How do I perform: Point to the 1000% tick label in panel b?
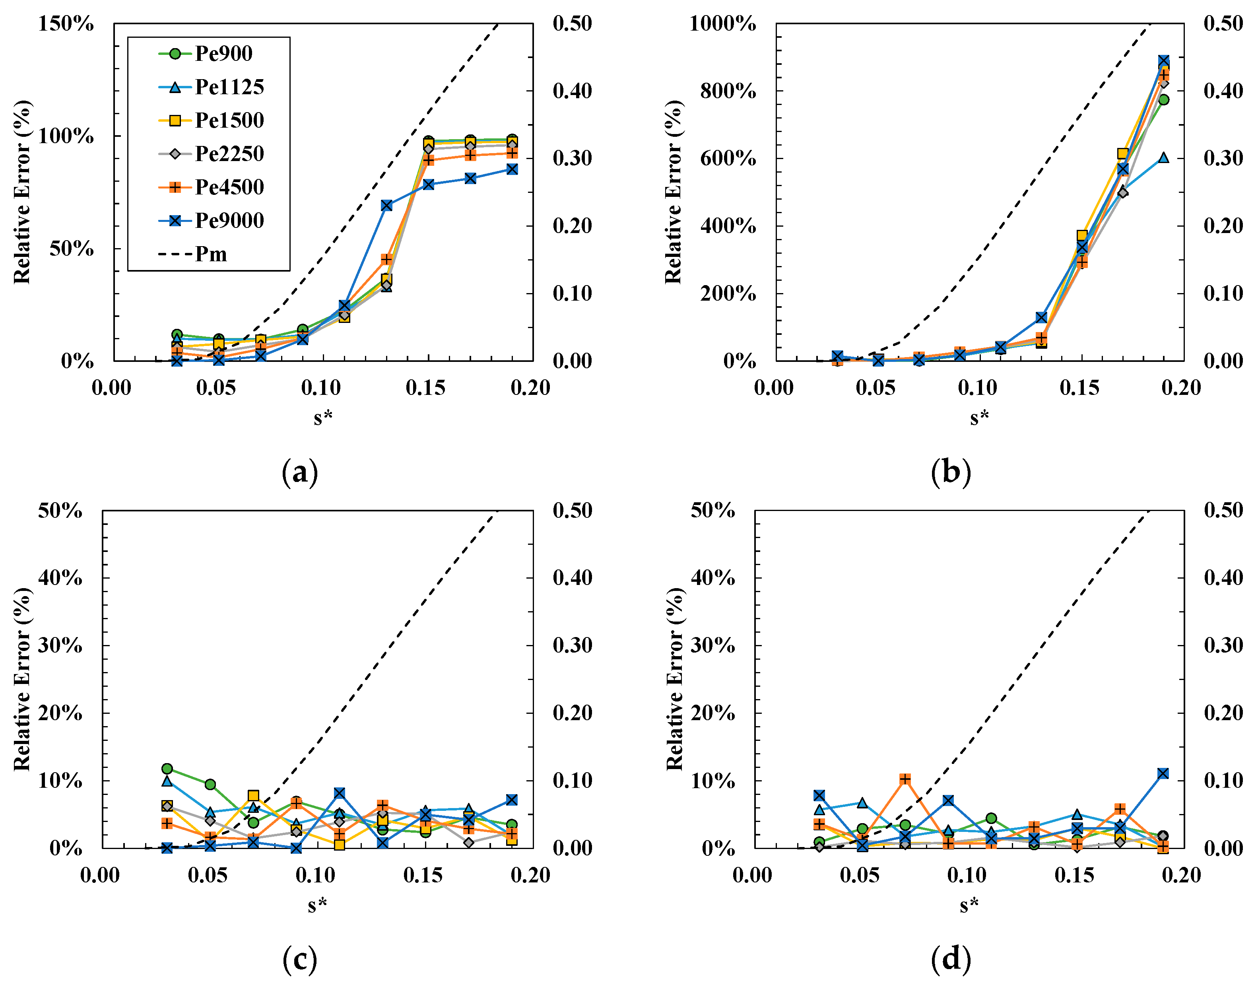(x=722, y=24)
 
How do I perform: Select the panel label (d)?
(x=951, y=959)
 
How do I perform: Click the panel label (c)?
(x=300, y=959)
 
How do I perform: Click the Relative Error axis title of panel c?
(x=22, y=679)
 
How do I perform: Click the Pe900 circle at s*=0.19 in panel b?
(x=1164, y=100)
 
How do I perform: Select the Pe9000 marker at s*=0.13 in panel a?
(x=386, y=205)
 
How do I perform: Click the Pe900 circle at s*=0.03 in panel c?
(x=167, y=769)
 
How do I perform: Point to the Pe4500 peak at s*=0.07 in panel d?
(x=905, y=779)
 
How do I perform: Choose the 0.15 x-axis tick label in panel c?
(x=423, y=875)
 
